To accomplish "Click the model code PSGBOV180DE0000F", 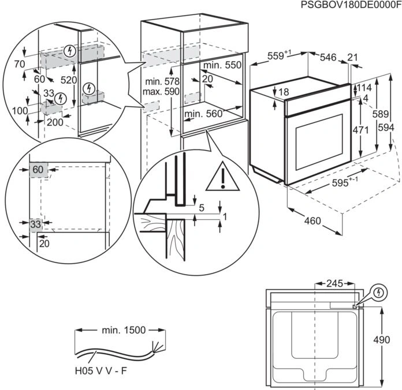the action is tap(351, 5).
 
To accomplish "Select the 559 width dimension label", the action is tap(279, 55).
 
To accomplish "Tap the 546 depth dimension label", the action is tap(328, 57).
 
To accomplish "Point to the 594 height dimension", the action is tap(386, 127).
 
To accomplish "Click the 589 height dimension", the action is tap(381, 114).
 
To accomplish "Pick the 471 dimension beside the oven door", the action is tap(360, 130).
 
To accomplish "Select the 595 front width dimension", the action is tap(345, 182).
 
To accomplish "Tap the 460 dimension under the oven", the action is tap(312, 220).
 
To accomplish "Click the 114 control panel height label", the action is tap(364, 88).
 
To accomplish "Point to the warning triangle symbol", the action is tap(222, 177).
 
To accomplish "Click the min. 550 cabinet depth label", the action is tap(222, 65).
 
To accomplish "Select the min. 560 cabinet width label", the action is tap(203, 114).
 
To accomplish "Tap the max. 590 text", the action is tap(161, 91).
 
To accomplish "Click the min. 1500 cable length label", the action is tap(124, 330).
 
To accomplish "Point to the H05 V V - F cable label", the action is tap(100, 370).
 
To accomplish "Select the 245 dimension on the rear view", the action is tap(334, 283).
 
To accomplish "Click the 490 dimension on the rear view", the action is tap(381, 340).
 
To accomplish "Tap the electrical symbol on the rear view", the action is tap(379, 292).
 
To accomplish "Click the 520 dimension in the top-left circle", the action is tap(69, 80).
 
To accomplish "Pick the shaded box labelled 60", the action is tap(39, 170).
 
